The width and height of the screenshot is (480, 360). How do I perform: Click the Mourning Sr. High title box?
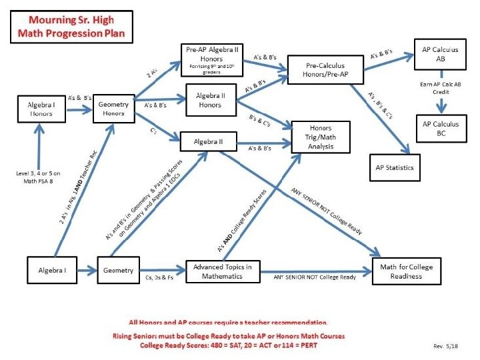tap(72, 27)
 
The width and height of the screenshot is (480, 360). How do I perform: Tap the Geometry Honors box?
tap(114, 109)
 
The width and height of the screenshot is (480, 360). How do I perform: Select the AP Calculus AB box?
tap(436, 54)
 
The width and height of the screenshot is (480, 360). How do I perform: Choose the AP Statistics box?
tap(395, 167)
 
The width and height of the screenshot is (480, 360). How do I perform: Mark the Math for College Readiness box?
tap(406, 272)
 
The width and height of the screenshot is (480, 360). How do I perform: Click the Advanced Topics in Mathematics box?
tap(223, 272)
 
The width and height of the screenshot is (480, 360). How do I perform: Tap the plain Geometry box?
tap(119, 271)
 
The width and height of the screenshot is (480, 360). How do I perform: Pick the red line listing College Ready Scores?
tap(229, 345)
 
